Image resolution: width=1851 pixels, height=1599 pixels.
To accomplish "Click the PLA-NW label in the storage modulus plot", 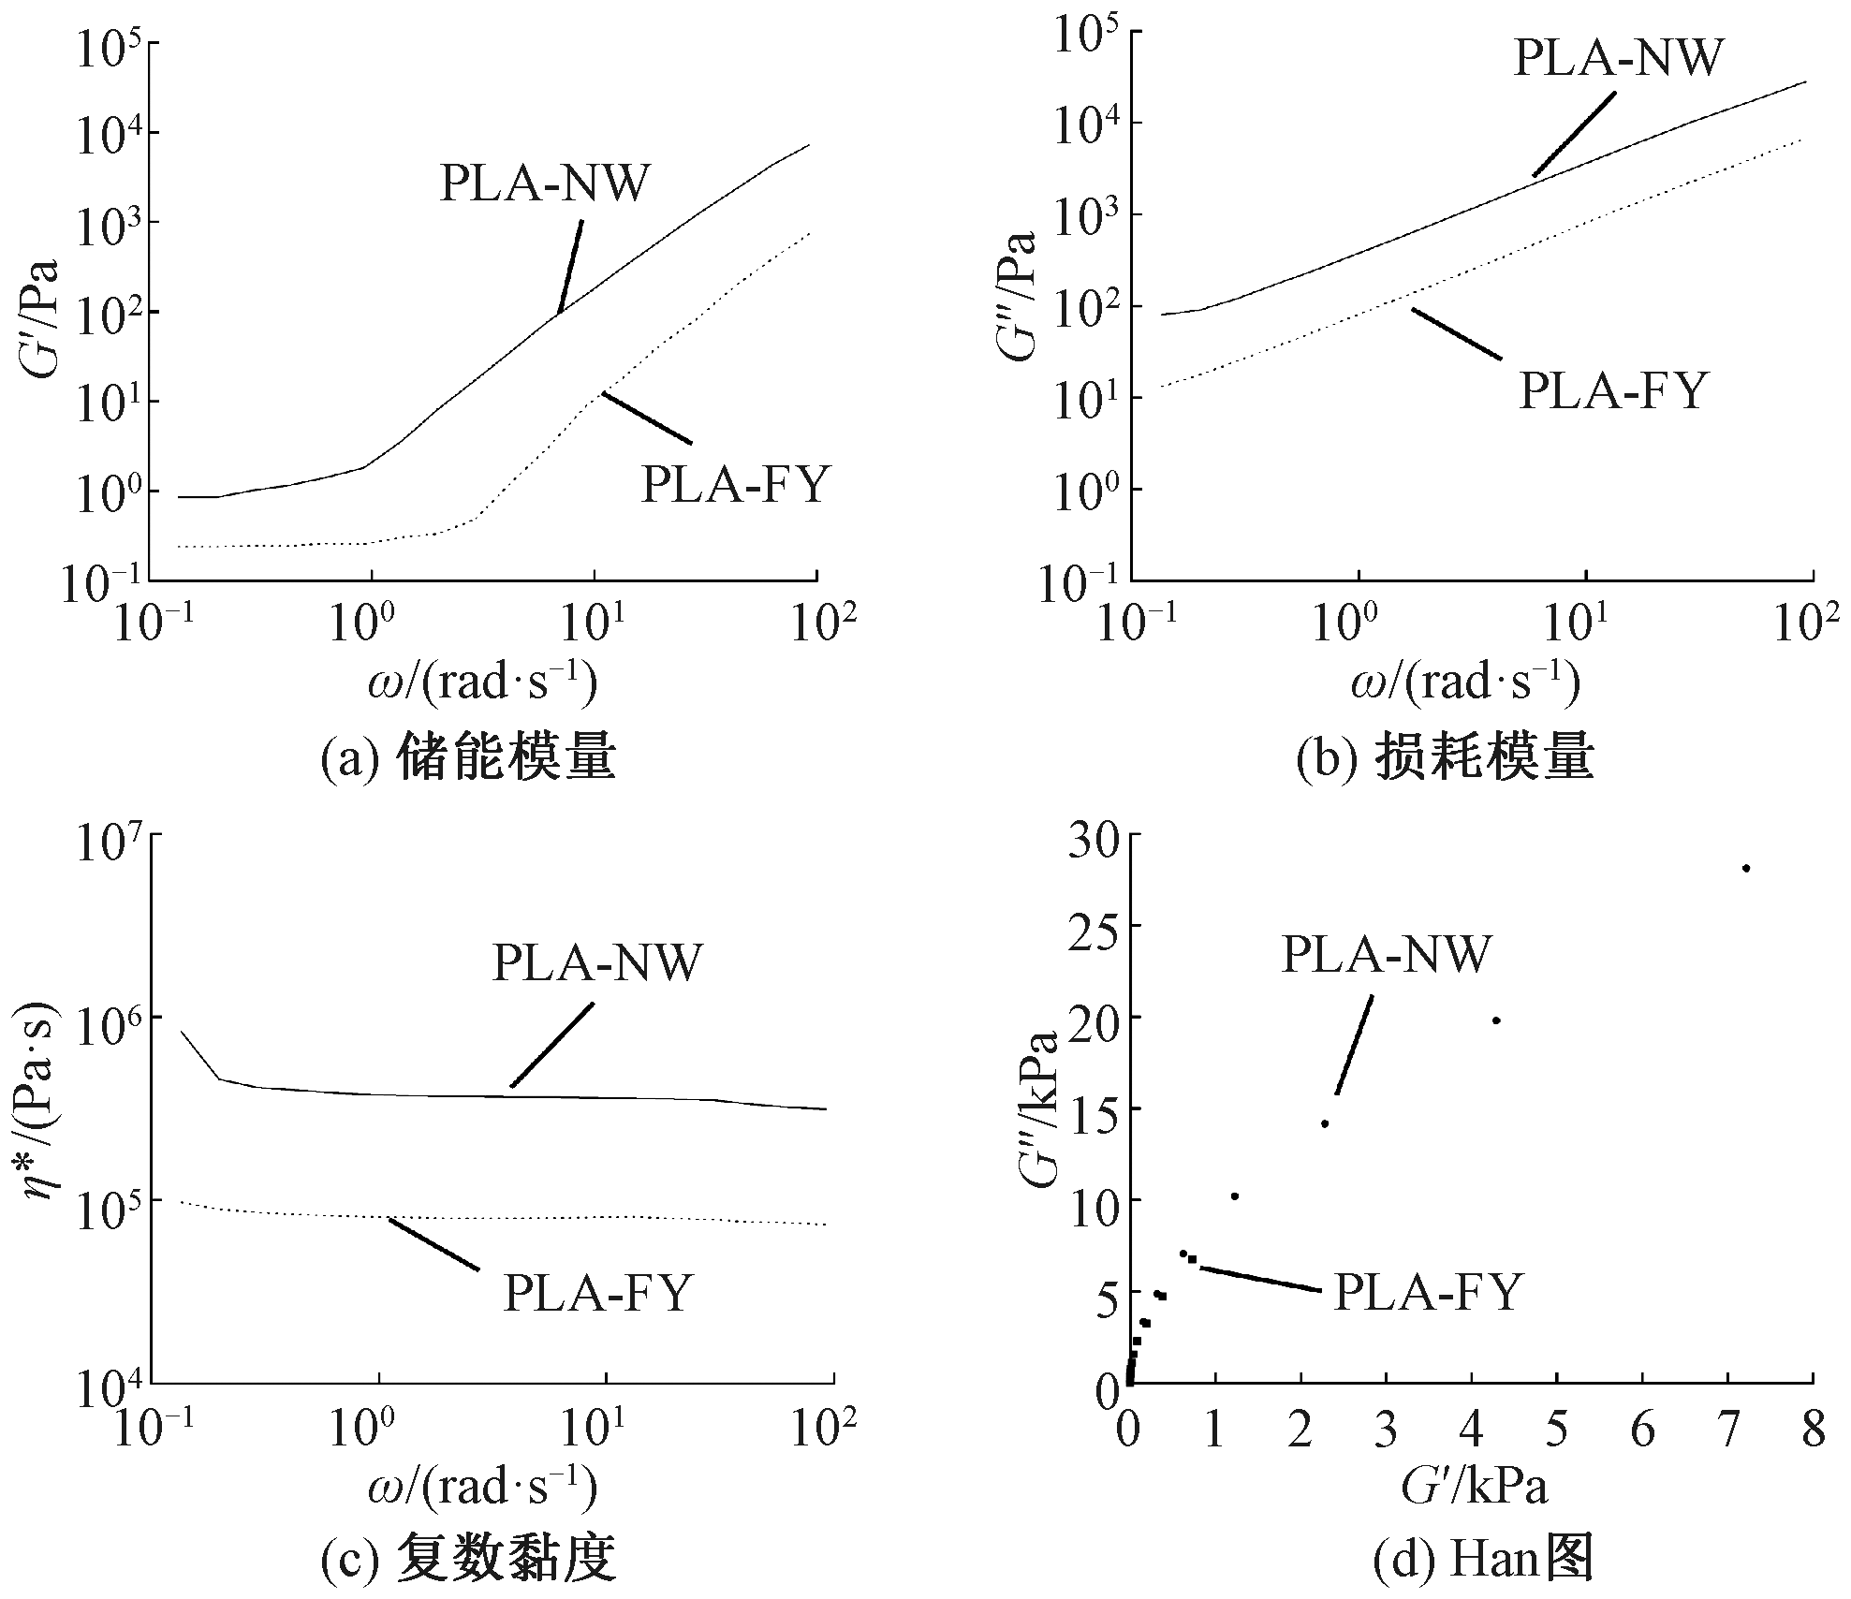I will pyautogui.click(x=544, y=183).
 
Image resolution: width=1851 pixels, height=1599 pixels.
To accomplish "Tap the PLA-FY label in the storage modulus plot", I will pyautogui.click(x=736, y=485).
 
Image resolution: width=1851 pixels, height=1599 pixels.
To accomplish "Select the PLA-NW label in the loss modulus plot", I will pyautogui.click(x=1618, y=58).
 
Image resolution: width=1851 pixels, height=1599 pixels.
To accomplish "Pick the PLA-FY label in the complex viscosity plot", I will pyautogui.click(x=598, y=1293).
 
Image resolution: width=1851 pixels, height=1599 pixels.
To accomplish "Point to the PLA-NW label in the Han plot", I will pyautogui.click(x=1385, y=955).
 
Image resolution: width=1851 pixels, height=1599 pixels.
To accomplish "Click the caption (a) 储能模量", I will pyautogui.click(x=468, y=759).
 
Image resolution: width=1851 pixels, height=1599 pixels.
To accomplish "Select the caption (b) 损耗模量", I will pyautogui.click(x=1445, y=759).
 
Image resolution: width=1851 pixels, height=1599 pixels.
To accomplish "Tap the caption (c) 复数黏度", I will pyautogui.click(x=468, y=1560).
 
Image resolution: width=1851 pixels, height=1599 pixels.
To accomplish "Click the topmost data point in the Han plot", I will pyautogui.click(x=1745, y=869).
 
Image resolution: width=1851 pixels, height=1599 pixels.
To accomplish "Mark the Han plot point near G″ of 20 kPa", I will pyautogui.click(x=1496, y=1020).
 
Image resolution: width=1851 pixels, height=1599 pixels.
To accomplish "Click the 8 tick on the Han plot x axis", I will pyautogui.click(x=1814, y=1431).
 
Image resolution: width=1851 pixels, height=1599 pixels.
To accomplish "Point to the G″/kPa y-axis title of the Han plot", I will pyautogui.click(x=1040, y=1108).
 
